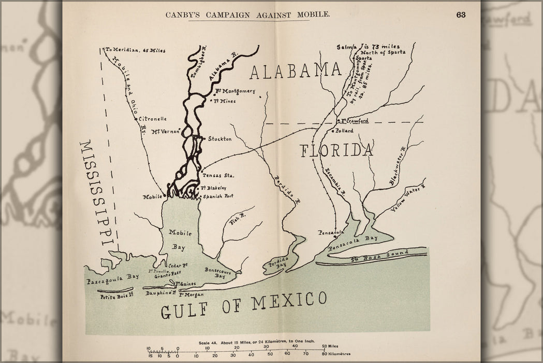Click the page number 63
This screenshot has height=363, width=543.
(x=461, y=15)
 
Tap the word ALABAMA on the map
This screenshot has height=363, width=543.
(x=296, y=71)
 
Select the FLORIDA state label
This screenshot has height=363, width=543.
(x=336, y=150)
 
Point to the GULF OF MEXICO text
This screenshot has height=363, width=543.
(x=243, y=306)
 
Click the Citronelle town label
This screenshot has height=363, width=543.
(x=153, y=119)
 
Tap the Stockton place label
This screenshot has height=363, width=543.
(x=219, y=139)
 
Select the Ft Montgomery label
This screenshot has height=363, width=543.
(x=236, y=91)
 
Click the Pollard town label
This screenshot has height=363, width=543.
(x=344, y=131)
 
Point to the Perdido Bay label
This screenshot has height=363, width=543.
(x=280, y=261)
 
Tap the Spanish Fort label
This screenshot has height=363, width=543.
(x=216, y=197)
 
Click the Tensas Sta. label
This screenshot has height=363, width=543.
(x=218, y=175)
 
